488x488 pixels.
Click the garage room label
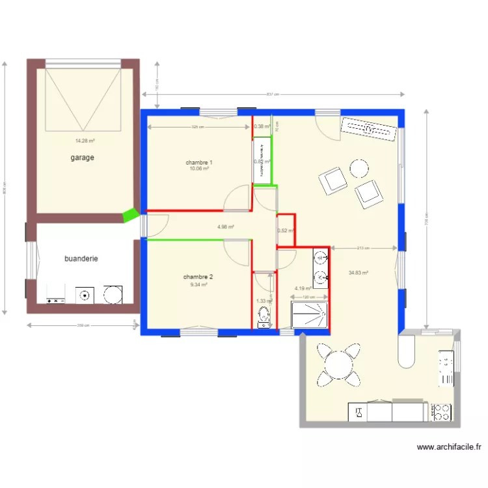83,157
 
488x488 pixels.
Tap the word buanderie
81,258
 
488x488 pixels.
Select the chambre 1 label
199,163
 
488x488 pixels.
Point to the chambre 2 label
198,277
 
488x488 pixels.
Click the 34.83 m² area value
359,273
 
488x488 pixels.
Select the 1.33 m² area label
264,301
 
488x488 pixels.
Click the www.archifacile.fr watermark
449,447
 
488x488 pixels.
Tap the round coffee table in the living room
359,169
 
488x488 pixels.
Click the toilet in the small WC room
263,318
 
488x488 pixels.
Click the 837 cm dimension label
273,94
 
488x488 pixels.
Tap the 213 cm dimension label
363,248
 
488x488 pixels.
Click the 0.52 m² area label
284,230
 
